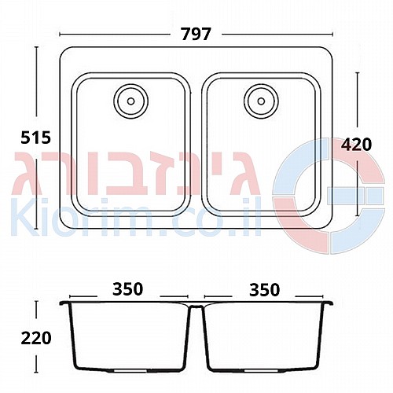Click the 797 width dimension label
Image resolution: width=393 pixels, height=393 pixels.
(196, 34)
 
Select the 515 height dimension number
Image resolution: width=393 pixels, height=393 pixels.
(35, 138)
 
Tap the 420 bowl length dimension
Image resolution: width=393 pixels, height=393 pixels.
(356, 145)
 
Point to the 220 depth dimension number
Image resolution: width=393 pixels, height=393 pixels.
(36, 338)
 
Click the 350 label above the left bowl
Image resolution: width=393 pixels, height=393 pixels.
(128, 289)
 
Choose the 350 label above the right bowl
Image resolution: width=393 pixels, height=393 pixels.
(265, 290)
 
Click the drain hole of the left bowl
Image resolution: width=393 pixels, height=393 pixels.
(131, 101)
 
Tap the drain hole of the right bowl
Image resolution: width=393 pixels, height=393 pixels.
(261, 101)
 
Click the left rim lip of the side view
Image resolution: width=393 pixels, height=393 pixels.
(64, 303)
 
